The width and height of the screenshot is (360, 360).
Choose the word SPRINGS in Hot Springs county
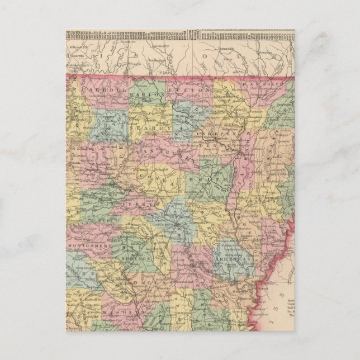132,260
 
